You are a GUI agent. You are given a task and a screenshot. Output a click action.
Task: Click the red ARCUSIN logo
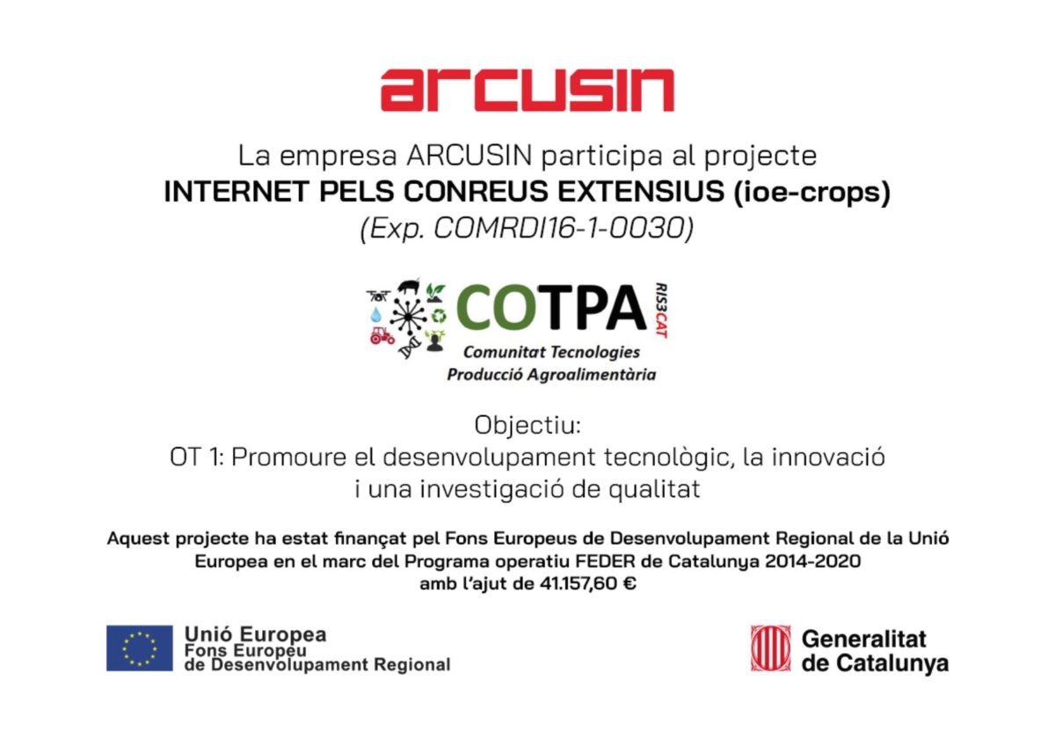tap(527, 90)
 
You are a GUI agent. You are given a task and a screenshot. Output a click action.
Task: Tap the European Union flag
tap(140, 648)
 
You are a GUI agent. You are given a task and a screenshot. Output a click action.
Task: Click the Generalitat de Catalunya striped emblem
tap(770, 648)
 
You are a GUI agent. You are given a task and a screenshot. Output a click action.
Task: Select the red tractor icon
tap(382, 335)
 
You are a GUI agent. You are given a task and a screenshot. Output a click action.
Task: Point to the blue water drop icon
tap(375, 314)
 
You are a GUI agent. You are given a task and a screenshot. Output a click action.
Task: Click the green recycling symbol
tap(439, 316)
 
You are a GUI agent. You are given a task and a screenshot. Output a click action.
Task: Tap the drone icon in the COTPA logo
tap(378, 296)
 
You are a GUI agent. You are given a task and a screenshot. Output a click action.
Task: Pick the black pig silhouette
tap(408, 286)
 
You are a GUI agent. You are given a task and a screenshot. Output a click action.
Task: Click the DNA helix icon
tap(410, 348)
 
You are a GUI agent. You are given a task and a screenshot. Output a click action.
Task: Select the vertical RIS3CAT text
tap(661, 311)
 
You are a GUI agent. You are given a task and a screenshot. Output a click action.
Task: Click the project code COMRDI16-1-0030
tap(559, 228)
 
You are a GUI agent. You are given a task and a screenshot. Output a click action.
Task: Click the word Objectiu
tap(527, 425)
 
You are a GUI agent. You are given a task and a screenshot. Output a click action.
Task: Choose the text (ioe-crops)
tap(812, 193)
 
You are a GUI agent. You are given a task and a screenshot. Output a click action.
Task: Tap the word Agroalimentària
tap(591, 375)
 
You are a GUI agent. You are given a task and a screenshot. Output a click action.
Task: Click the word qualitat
tap(654, 489)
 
